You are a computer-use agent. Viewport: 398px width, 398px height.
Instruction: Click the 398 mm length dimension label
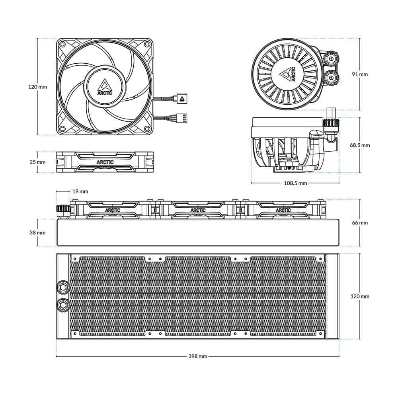pyautogui.click(x=198, y=356)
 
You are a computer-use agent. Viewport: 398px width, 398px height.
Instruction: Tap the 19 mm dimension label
pyautogui.click(x=80, y=191)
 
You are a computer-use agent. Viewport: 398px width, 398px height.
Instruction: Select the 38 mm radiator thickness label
pyautogui.click(x=37, y=232)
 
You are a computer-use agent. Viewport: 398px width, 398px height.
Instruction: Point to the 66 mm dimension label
pyautogui.click(x=360, y=222)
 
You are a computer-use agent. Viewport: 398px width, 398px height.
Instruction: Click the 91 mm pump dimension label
pyautogui.click(x=360, y=74)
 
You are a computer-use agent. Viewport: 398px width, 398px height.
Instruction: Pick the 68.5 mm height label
pyautogui.click(x=360, y=145)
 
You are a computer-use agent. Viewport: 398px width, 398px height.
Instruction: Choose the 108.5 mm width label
pyautogui.click(x=295, y=183)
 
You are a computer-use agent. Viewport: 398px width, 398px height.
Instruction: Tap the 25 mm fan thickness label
pyautogui.click(x=37, y=162)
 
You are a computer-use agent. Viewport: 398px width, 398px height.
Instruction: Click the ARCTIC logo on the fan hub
pyautogui.click(x=105, y=87)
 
